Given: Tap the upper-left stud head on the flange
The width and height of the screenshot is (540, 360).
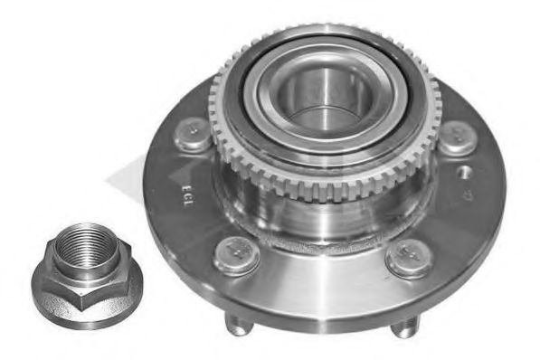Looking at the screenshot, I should (193, 134).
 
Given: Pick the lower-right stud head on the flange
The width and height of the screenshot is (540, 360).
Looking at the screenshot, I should (408, 259).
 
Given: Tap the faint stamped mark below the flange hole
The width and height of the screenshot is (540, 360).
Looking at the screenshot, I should (468, 193).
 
